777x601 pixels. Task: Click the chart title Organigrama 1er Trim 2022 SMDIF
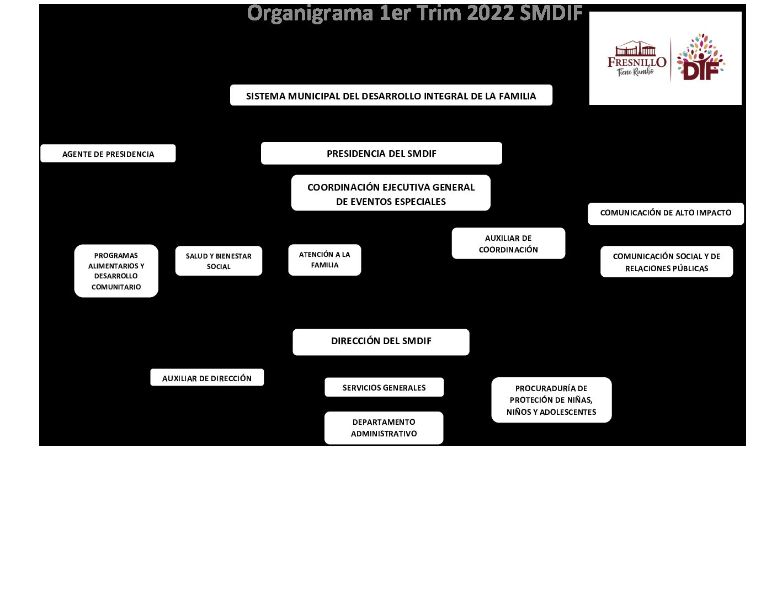click(x=414, y=13)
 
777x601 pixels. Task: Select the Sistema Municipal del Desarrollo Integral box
click(x=391, y=96)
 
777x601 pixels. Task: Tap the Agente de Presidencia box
click(x=108, y=154)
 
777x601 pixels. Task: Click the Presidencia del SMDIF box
click(x=381, y=154)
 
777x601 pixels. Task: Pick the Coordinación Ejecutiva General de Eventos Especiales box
click(x=391, y=193)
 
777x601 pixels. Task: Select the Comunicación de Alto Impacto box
click(x=666, y=213)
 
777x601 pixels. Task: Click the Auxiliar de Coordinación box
click(x=508, y=244)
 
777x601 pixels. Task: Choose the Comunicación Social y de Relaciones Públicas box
click(x=667, y=262)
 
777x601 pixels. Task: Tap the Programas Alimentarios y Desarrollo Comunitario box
click(x=116, y=271)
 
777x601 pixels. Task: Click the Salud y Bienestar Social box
click(x=219, y=261)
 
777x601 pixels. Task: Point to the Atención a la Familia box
click(x=324, y=260)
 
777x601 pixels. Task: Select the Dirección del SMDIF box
click(x=381, y=341)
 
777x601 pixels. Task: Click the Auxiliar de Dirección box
click(x=207, y=378)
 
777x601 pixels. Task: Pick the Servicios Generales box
click(x=384, y=387)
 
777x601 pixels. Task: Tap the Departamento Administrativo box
click(x=384, y=428)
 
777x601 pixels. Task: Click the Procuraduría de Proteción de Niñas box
click(x=551, y=400)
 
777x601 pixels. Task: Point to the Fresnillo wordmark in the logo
click(x=636, y=62)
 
